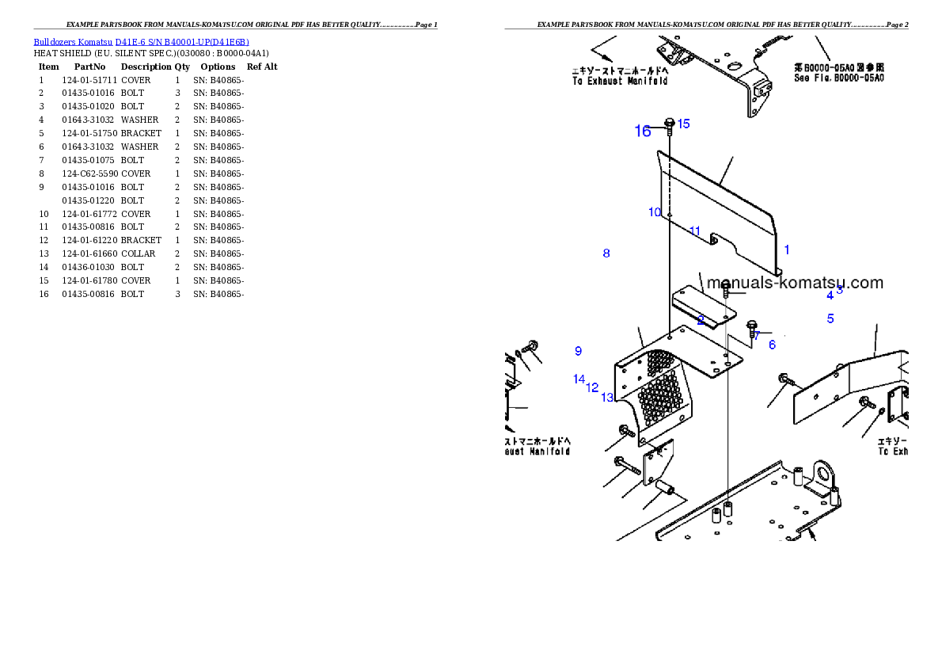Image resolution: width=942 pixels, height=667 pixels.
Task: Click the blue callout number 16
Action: pos(643,131)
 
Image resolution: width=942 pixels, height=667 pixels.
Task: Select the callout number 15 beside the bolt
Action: pos(684,124)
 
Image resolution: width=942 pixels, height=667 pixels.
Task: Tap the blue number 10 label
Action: pos(655,212)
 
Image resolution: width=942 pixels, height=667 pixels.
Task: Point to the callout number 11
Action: pos(695,231)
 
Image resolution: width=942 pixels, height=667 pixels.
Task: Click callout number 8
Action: pos(606,253)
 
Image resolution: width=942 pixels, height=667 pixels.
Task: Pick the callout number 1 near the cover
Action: pos(787,250)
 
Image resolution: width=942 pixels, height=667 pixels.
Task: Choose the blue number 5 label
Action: pos(830,318)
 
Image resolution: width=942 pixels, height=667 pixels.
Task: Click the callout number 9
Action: pos(579,351)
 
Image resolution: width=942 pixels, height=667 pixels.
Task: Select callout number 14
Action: pos(579,379)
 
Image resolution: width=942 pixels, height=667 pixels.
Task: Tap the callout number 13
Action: pos(607,398)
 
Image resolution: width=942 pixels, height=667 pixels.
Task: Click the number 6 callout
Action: pos(772,345)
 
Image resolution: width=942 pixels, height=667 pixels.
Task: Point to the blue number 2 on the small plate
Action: pos(701,320)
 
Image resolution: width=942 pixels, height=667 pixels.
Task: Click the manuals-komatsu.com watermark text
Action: pos(795,283)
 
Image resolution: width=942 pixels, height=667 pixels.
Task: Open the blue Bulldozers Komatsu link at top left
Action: pos(141,42)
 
